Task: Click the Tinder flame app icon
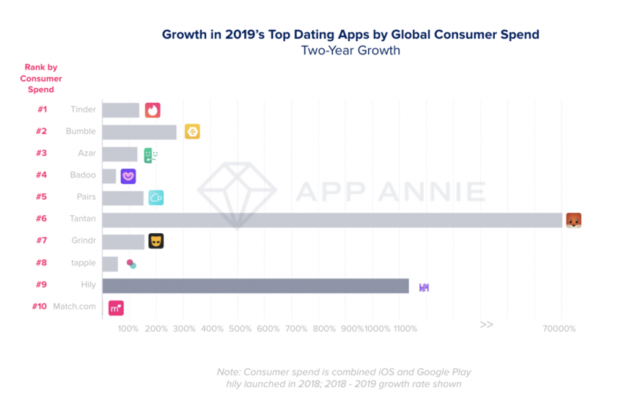[x=153, y=110]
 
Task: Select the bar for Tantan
[x=332, y=220]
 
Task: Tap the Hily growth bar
[x=255, y=286]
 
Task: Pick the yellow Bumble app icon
[x=192, y=131]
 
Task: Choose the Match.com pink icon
[x=116, y=307]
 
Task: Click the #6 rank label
[x=42, y=219]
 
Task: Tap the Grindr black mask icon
[x=156, y=241]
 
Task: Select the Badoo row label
[x=83, y=175]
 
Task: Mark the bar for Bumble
[x=139, y=132]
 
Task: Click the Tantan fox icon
[x=573, y=220]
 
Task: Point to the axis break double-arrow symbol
[x=486, y=324]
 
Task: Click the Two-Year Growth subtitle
[x=350, y=51]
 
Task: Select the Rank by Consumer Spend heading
[x=41, y=78]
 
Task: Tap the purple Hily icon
[x=424, y=286]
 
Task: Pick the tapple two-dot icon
[x=131, y=264]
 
